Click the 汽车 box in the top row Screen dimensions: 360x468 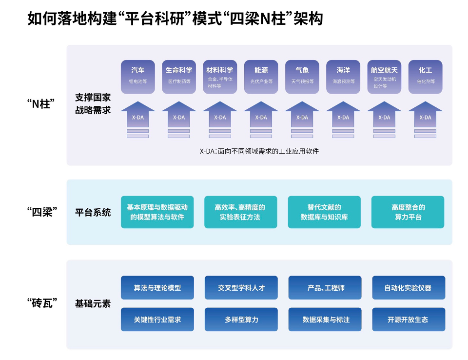[x=138, y=77]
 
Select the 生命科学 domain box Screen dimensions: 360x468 [x=179, y=77]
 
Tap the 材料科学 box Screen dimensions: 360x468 [x=220, y=77]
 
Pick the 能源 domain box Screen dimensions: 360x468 [x=261, y=77]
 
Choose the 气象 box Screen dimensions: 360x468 [x=302, y=77]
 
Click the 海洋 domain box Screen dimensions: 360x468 [x=343, y=77]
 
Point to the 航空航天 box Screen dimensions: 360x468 [x=384, y=77]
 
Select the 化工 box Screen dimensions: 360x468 [x=425, y=77]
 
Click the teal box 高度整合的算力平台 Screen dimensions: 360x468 [x=408, y=212]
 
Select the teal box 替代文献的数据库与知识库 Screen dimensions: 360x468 [x=324, y=212]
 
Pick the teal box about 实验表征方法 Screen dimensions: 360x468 [x=241, y=212]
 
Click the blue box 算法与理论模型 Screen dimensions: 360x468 [x=157, y=288]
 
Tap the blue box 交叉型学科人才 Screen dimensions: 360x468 [x=241, y=288]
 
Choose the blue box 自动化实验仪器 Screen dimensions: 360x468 [x=408, y=288]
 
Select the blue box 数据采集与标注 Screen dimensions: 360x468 [x=325, y=320]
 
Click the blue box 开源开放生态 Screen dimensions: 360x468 [x=408, y=320]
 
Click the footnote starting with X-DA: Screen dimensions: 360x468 [x=259, y=152]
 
